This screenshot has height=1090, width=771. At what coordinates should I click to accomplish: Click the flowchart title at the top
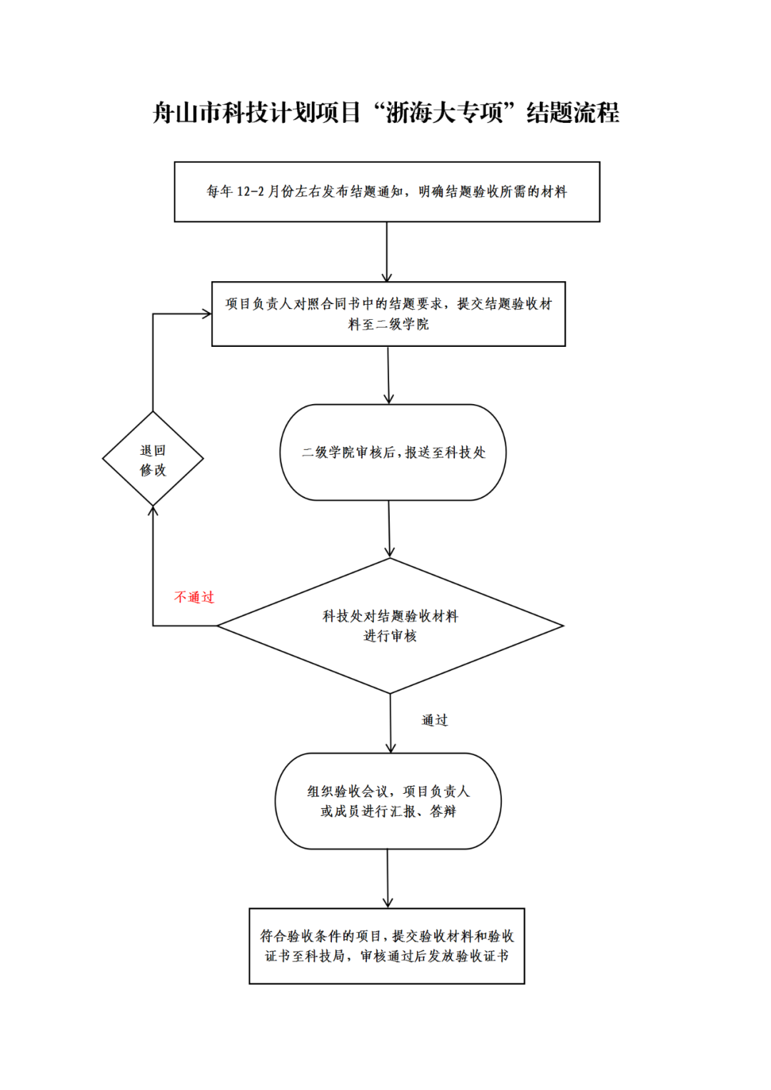(x=385, y=113)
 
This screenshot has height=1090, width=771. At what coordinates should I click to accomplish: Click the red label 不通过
(x=194, y=597)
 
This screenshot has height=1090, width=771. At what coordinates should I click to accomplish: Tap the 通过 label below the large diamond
(x=434, y=720)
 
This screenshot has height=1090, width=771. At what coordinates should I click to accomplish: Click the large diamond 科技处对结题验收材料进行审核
(x=390, y=625)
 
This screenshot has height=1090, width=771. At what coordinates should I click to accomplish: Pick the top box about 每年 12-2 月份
(x=386, y=191)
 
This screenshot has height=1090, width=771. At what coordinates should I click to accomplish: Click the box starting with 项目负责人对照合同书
(x=388, y=314)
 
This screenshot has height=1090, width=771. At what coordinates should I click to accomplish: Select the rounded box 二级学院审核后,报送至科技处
(x=393, y=452)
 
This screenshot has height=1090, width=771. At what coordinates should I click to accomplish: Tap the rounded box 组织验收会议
(x=388, y=801)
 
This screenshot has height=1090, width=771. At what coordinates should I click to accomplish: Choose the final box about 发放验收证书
(x=386, y=946)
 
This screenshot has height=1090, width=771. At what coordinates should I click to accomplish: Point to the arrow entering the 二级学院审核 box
(x=388, y=375)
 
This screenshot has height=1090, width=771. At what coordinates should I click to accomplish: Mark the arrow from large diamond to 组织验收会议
(x=390, y=723)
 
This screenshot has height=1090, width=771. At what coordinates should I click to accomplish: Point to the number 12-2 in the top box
(x=250, y=191)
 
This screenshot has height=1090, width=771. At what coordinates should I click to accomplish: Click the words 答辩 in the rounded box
(x=443, y=812)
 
